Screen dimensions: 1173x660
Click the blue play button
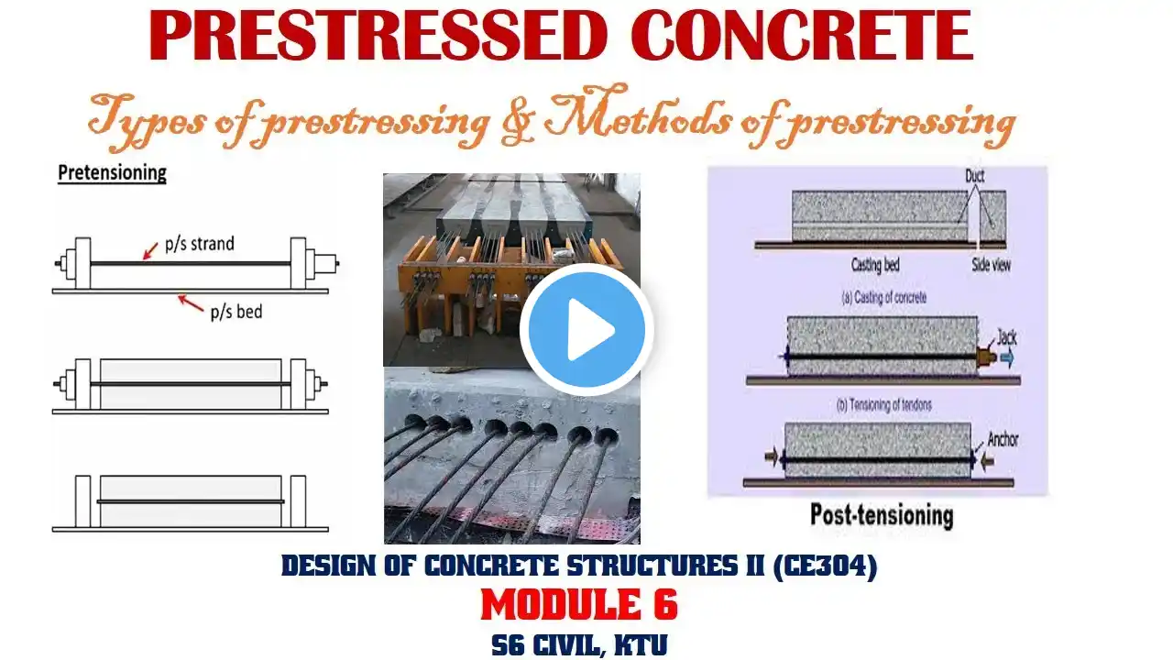point(586,330)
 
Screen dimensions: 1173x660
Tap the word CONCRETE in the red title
point(802,36)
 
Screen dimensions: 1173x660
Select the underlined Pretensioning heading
point(112,173)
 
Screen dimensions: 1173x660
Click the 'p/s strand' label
point(200,244)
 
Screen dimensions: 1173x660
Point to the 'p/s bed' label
point(236,313)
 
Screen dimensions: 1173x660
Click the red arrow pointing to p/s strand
point(150,250)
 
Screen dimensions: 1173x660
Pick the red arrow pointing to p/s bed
point(191,302)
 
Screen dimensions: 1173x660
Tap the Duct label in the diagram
point(974,176)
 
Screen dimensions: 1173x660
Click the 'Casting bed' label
point(875,265)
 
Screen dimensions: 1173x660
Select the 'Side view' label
point(991,265)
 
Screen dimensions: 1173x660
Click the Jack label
point(1006,337)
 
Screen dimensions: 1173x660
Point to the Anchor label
point(1003,439)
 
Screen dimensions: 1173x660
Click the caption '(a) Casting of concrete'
point(884,298)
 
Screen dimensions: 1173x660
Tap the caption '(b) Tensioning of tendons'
point(884,405)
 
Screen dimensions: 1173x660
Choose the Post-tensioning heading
point(882,515)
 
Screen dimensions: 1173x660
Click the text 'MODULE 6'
point(579,604)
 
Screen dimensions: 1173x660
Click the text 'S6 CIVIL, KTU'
point(579,644)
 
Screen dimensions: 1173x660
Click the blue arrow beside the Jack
point(1006,358)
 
